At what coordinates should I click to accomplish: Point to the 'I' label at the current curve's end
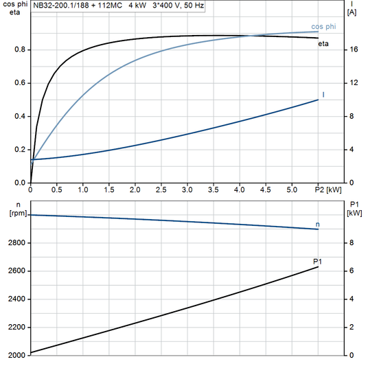323,93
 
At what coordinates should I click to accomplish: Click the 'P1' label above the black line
317,261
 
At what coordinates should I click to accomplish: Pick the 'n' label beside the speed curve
317,225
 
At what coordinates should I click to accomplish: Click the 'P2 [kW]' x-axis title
328,190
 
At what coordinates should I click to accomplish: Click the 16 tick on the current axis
352,49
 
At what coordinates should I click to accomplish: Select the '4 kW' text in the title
137,4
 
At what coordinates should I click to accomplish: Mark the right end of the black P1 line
319,267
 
